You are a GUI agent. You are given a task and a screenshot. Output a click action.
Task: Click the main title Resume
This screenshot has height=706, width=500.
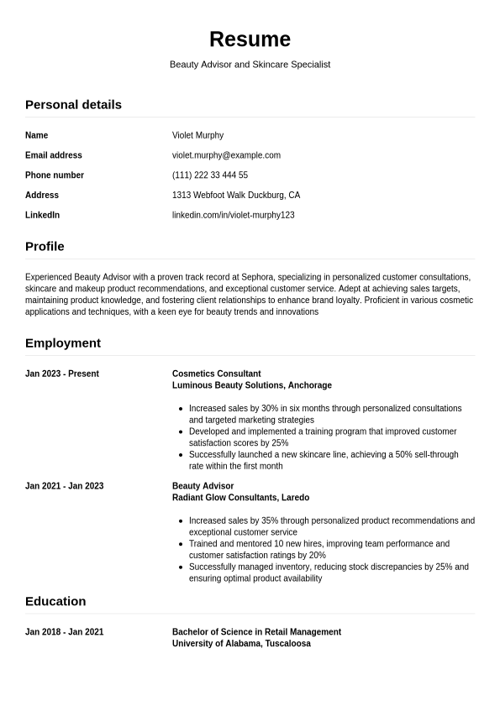click(250, 39)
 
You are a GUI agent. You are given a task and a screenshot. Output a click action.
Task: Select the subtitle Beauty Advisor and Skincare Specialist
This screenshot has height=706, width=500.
click(250, 65)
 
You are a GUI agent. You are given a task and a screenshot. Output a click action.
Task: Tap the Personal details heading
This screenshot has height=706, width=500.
click(73, 105)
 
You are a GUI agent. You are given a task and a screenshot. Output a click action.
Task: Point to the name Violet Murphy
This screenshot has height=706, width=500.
click(197, 135)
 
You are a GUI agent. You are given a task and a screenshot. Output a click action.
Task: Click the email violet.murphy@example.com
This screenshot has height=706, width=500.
click(226, 155)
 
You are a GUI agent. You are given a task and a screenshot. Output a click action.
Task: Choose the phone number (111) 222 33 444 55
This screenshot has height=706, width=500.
click(210, 175)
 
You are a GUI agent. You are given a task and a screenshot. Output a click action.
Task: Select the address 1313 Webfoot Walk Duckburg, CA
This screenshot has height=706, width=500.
click(236, 196)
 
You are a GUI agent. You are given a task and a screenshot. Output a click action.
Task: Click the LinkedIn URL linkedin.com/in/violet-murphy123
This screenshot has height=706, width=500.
click(234, 216)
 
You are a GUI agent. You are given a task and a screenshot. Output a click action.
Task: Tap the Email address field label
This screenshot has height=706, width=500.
click(54, 155)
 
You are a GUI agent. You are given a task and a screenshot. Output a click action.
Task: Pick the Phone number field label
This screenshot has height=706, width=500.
click(55, 175)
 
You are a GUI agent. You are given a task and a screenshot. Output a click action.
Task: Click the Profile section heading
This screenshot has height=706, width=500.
click(45, 247)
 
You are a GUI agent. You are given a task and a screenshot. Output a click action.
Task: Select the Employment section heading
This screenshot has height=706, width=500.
click(63, 343)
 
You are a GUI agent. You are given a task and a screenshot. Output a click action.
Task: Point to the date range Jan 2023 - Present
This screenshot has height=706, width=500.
click(62, 374)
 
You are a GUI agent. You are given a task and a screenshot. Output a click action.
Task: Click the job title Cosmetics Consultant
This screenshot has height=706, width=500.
click(217, 374)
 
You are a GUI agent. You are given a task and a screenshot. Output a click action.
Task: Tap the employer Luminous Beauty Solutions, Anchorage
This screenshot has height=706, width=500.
click(252, 386)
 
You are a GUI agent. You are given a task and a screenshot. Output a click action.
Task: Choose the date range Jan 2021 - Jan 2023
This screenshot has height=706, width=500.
click(65, 486)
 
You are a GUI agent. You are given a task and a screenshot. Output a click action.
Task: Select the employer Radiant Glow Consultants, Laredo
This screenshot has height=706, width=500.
click(240, 498)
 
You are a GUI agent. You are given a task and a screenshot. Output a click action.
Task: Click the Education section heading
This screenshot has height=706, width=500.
click(55, 602)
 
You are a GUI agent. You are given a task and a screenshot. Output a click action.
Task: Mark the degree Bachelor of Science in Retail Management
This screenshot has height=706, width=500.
click(256, 632)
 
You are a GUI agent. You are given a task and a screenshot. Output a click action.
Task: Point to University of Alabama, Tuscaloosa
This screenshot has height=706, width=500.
click(241, 644)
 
